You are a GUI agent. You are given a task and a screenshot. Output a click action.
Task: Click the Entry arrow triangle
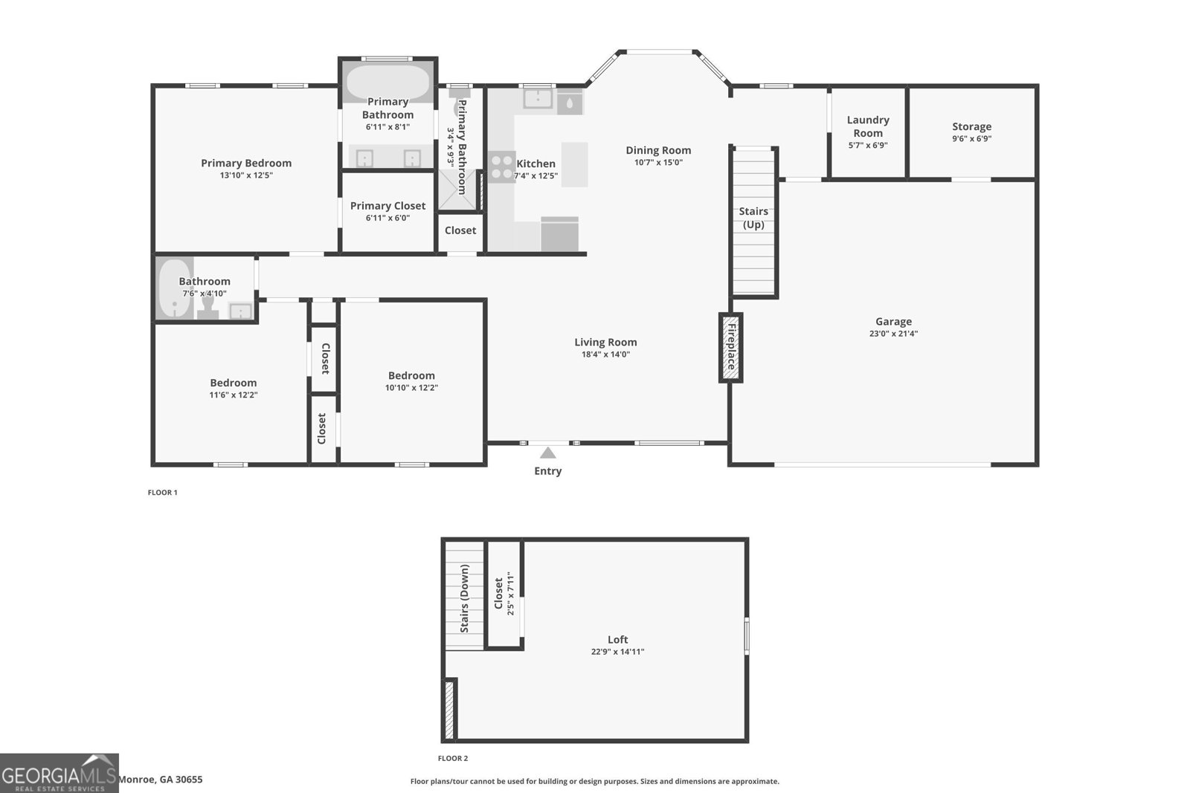click(x=547, y=453)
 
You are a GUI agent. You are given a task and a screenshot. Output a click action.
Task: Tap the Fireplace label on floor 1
click(x=732, y=346)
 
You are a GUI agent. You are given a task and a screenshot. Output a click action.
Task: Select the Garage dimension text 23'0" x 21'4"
click(x=893, y=334)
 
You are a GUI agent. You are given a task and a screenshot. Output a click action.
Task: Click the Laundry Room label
click(x=868, y=126)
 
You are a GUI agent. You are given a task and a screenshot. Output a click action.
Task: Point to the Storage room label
click(x=971, y=126)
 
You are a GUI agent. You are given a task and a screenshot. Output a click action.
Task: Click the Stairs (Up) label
click(x=753, y=218)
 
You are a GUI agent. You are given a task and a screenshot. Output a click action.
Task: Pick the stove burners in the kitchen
click(x=501, y=166)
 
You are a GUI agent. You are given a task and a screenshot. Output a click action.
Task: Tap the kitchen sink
click(x=538, y=99)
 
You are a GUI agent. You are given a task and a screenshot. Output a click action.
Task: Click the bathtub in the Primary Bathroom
click(x=387, y=82)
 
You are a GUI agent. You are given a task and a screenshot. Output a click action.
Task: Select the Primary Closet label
click(x=387, y=205)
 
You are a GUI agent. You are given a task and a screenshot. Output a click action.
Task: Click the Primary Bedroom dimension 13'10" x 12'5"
click(x=246, y=175)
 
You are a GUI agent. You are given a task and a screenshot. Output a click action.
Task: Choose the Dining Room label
click(x=658, y=150)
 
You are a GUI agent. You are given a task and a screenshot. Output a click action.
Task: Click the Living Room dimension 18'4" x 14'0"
click(x=605, y=355)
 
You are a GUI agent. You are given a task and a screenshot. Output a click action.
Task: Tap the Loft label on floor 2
click(x=618, y=640)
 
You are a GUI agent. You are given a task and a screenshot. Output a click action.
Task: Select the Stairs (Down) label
click(x=464, y=598)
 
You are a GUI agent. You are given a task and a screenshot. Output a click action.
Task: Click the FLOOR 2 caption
click(x=453, y=758)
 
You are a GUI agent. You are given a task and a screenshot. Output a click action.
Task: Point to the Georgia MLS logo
click(x=59, y=774)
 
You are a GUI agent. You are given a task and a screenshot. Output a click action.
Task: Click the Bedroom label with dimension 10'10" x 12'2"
click(x=411, y=375)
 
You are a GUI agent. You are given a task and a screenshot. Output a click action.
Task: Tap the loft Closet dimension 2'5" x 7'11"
click(x=510, y=593)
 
